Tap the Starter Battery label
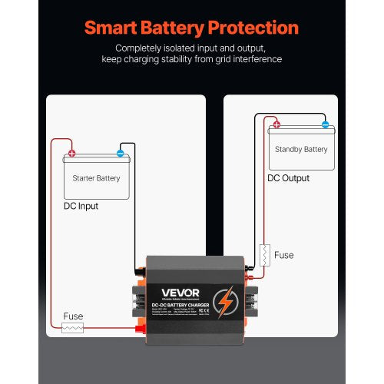click(x=96, y=178)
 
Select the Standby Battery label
click(x=301, y=149)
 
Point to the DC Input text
click(x=81, y=206)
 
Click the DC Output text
click(x=289, y=178)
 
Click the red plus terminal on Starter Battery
click(x=71, y=153)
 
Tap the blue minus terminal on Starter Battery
click(x=121, y=153)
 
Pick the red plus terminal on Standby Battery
click(x=276, y=124)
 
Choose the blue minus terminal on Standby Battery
click(x=325, y=124)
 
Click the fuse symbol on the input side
click(x=72, y=328)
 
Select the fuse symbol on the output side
click(x=263, y=254)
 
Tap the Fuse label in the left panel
click(x=72, y=316)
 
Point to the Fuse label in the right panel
click(x=283, y=254)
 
